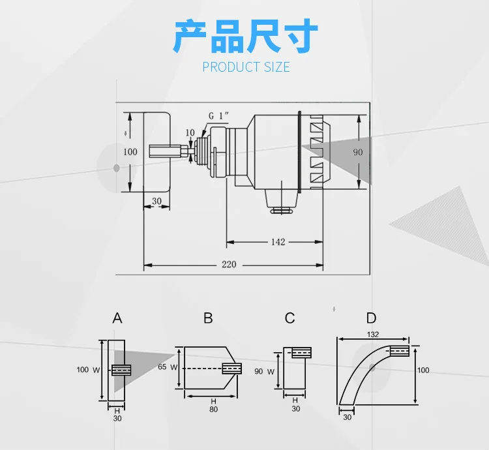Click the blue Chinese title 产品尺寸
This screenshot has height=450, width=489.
[x=246, y=36]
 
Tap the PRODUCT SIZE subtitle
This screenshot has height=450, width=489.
[x=246, y=67]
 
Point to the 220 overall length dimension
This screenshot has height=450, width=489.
[x=229, y=264]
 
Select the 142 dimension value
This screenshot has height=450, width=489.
[x=278, y=242]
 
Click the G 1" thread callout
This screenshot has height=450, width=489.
[x=218, y=115]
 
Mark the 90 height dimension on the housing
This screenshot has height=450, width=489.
[x=358, y=152]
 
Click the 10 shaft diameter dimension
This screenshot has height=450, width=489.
[x=190, y=133]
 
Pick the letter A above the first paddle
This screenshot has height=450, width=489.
[x=117, y=318]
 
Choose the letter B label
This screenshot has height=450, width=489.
[x=208, y=318]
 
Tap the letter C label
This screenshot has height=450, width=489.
[x=289, y=318]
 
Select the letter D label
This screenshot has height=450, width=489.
[x=372, y=318]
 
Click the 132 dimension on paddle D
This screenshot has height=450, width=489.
[x=373, y=335]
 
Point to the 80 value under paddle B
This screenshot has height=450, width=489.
[x=214, y=409]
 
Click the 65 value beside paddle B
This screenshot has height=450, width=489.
[x=162, y=367]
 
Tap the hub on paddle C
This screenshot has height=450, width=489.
[x=302, y=353]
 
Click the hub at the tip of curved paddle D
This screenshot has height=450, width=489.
[x=399, y=351]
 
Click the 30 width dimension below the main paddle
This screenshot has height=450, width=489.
[x=156, y=201]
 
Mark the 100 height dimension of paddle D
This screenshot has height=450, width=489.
[x=423, y=370]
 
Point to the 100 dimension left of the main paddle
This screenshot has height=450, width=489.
[x=130, y=152]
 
